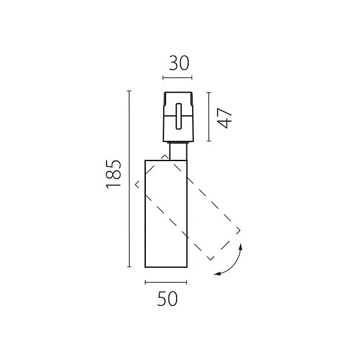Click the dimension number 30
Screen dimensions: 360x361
click(x=179, y=63)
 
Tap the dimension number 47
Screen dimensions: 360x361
click(x=225, y=118)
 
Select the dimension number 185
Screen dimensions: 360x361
click(x=113, y=174)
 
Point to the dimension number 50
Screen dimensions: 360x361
click(x=167, y=298)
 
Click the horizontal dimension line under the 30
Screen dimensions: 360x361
click(x=177, y=78)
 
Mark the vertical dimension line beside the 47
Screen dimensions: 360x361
click(x=208, y=116)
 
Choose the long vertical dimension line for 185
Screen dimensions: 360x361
click(x=129, y=179)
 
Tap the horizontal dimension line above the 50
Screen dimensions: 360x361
click(x=166, y=282)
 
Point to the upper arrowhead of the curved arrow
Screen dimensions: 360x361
click(x=241, y=247)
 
